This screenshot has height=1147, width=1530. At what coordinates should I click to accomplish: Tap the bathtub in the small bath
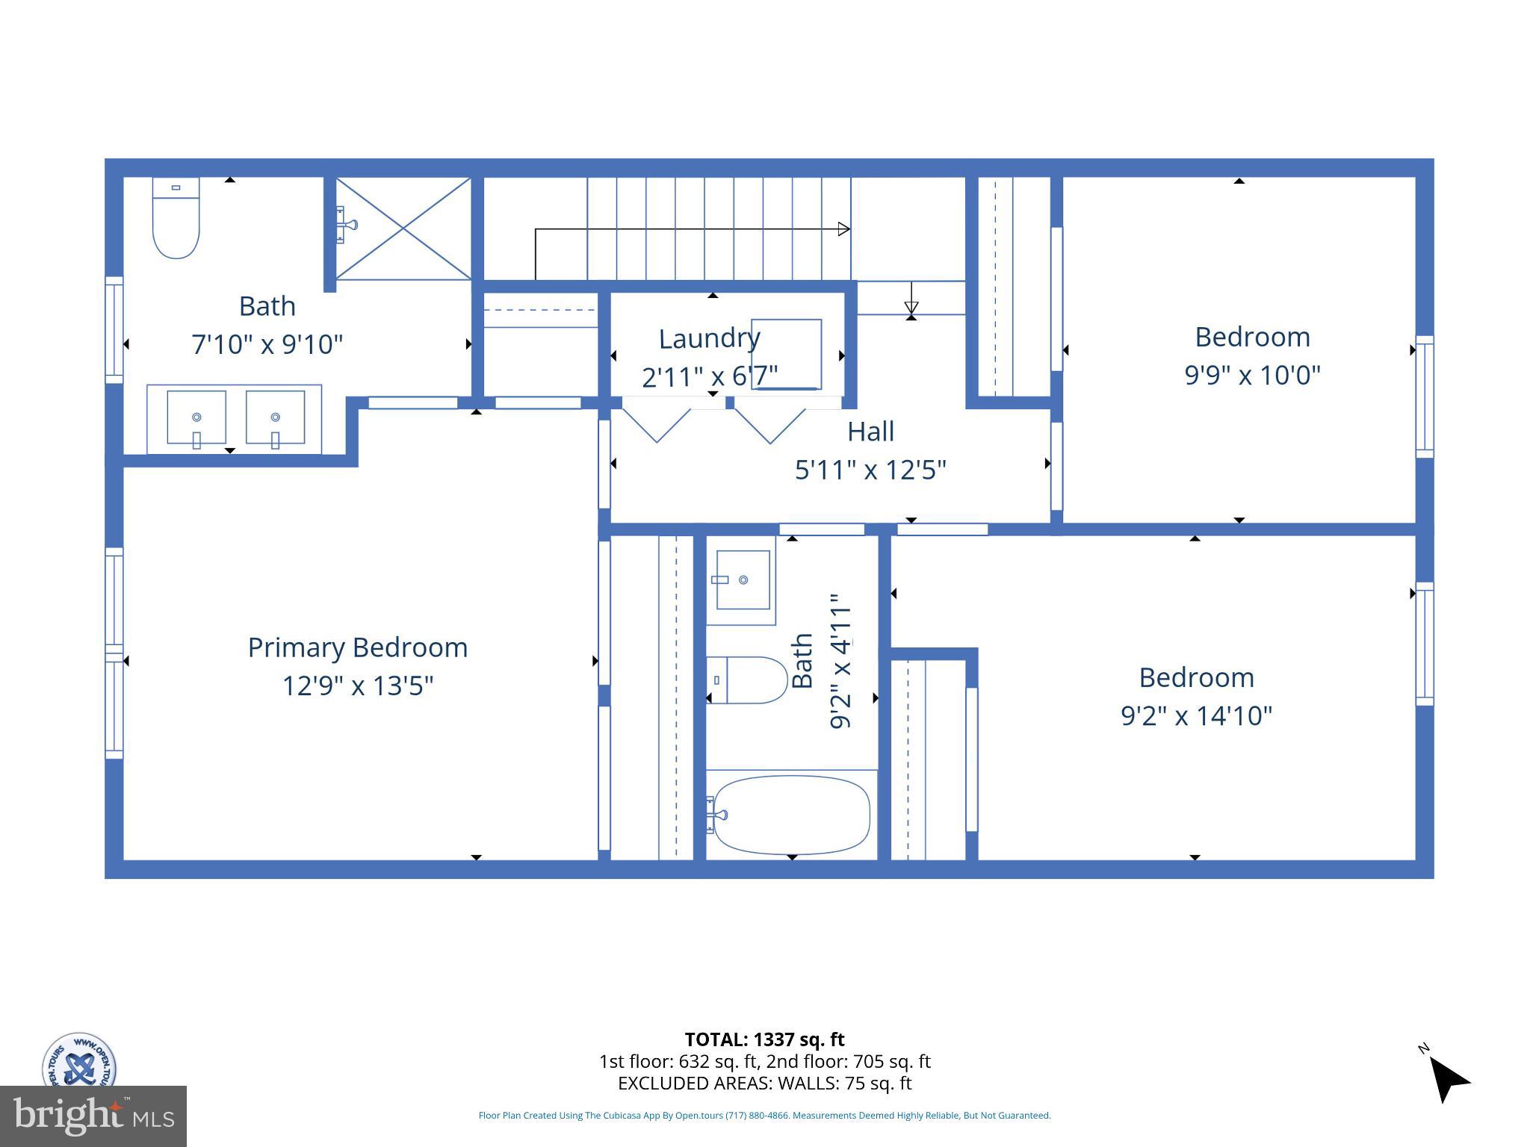[790, 815]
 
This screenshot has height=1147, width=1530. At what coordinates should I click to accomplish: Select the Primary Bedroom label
[358, 647]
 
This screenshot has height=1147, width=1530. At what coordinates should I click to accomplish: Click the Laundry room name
[709, 338]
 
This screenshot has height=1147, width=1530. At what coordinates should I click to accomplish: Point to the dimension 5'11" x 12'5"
[870, 470]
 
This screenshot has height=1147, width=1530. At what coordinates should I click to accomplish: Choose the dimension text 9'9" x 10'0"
[1252, 375]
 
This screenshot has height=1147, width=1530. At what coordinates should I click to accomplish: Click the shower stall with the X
[403, 229]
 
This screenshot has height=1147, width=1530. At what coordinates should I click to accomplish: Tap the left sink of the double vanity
[196, 417]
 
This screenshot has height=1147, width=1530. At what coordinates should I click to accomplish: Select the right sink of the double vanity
[276, 417]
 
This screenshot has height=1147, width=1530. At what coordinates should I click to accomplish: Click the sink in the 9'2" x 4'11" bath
[743, 580]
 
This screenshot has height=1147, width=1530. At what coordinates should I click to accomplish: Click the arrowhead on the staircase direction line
[843, 229]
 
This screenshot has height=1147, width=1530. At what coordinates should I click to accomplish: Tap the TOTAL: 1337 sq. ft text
[764, 1039]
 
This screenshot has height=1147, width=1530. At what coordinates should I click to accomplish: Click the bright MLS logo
[93, 1116]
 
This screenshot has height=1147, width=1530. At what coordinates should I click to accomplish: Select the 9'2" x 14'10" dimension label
[1196, 716]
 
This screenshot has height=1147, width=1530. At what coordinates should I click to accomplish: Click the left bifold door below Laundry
[656, 424]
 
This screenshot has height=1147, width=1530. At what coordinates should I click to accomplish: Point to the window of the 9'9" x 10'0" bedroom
[1425, 397]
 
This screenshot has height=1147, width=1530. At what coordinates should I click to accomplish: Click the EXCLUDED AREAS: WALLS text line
[764, 1083]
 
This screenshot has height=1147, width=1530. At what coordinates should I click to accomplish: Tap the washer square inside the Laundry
[786, 354]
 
